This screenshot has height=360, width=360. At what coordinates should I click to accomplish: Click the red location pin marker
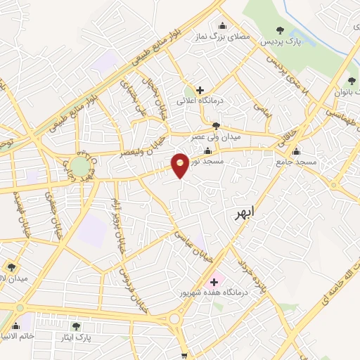click(x=181, y=165)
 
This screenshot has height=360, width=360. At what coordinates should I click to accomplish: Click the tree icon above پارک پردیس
click(x=281, y=30)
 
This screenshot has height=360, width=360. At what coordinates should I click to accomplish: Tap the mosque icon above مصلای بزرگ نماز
click(x=224, y=27)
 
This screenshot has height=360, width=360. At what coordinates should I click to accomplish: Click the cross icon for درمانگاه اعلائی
click(x=200, y=90)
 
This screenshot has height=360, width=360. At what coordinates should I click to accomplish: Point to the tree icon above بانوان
click(x=352, y=79)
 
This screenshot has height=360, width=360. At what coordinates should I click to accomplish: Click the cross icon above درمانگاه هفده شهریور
click(x=214, y=282)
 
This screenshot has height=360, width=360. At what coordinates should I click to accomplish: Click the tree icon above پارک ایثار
click(x=76, y=326)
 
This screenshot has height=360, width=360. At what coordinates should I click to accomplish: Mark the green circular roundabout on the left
click(x=80, y=167)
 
